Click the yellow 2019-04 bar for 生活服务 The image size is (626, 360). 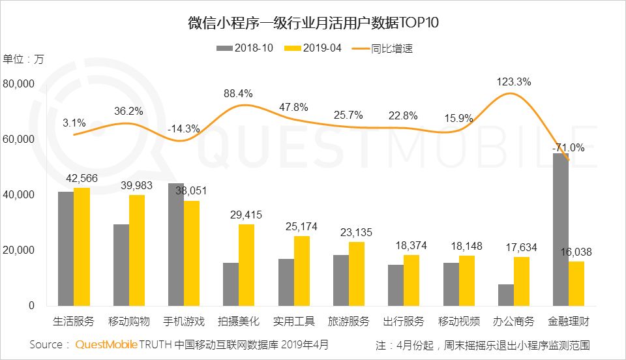(x=82, y=247)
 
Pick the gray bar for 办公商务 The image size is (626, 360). (x=505, y=295)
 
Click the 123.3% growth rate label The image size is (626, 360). (x=513, y=82)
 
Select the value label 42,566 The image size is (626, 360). (x=82, y=178)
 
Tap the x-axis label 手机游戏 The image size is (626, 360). (x=183, y=322)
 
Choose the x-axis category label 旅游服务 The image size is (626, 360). (x=348, y=322)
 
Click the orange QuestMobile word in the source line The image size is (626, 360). (x=106, y=344)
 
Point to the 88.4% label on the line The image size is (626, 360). (x=237, y=94)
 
